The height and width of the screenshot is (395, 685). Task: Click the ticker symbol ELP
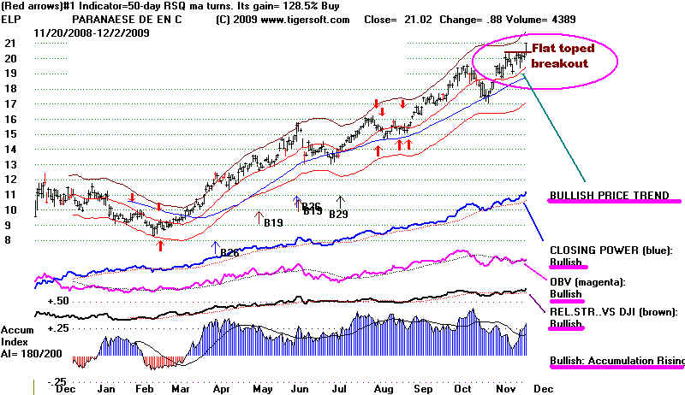pyautogui.click(x=11, y=18)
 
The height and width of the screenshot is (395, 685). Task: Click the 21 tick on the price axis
pyautogui.click(x=11, y=43)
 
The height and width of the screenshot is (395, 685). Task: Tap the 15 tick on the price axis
pyautogui.click(x=11, y=134)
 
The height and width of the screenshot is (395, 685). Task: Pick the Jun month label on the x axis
pyautogui.click(x=301, y=387)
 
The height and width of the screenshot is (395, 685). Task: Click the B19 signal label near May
pyautogui.click(x=272, y=223)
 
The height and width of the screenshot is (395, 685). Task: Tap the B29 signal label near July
pyautogui.click(x=340, y=213)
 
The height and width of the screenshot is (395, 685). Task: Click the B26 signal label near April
pyautogui.click(x=229, y=252)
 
